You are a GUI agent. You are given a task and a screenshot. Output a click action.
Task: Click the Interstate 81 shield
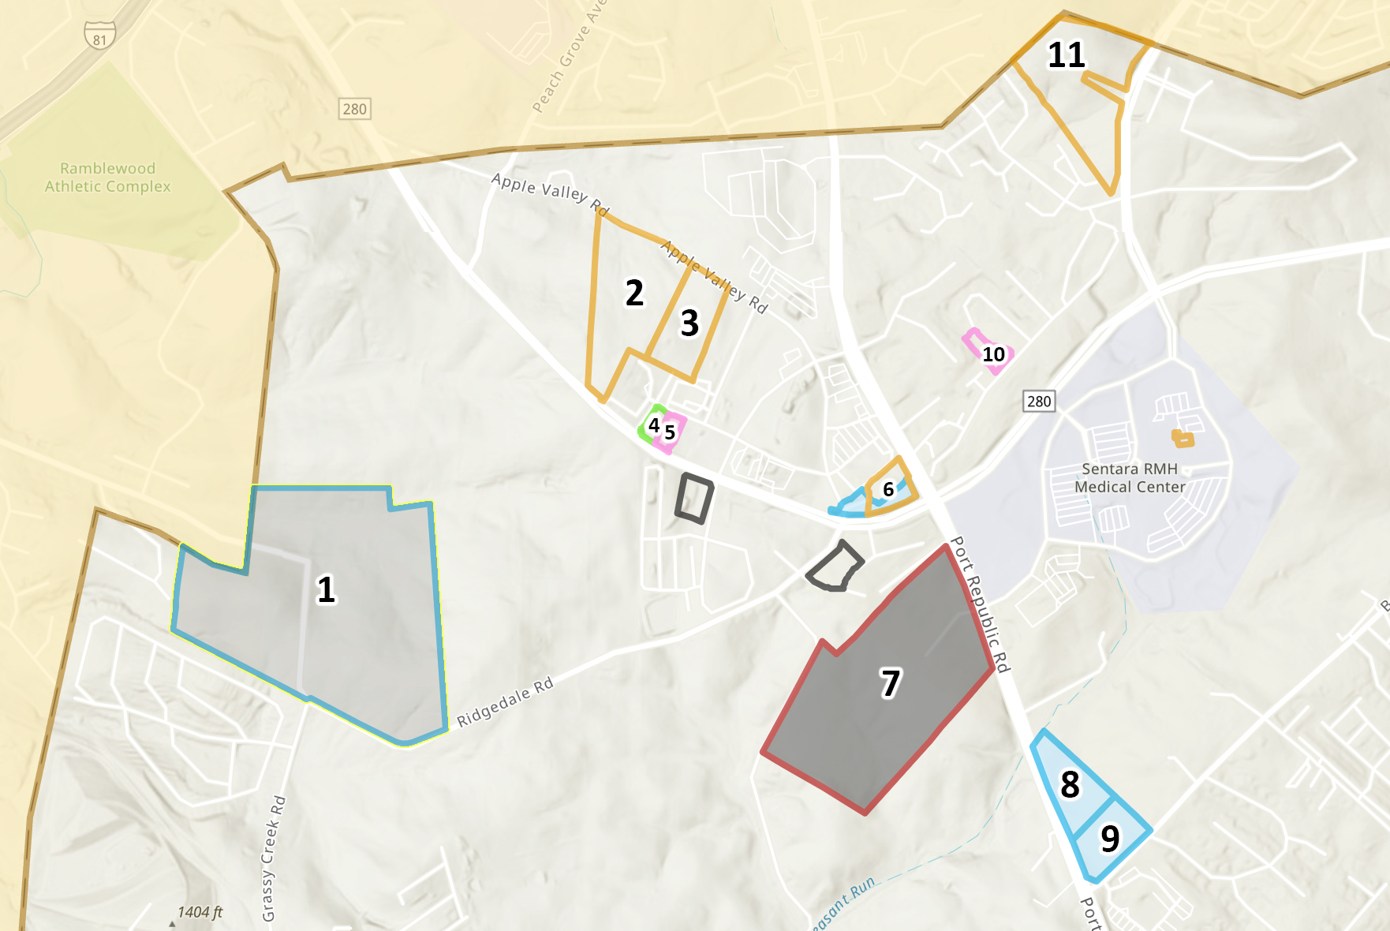[99, 36]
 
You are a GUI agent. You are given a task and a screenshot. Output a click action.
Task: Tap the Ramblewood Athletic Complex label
[107, 178]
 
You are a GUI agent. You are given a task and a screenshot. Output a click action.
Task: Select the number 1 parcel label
[326, 589]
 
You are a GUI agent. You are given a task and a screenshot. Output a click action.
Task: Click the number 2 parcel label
[634, 293]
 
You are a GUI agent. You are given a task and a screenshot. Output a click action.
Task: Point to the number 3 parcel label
[689, 323]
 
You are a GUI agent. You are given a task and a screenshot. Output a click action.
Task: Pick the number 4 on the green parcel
[654, 425]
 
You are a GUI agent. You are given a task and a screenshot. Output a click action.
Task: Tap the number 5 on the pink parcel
[670, 432]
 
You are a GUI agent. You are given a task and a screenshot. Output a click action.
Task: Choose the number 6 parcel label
[888, 489]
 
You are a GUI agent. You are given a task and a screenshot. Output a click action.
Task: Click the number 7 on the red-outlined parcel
[890, 683]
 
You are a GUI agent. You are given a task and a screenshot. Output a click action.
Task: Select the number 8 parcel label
[1070, 784]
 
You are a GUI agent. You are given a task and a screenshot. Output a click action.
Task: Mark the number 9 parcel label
[1110, 839]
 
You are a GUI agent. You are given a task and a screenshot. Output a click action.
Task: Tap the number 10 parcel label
[993, 354]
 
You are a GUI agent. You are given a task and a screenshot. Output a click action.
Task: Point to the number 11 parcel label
[1066, 55]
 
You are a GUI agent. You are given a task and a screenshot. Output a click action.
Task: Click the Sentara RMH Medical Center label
[1130, 478]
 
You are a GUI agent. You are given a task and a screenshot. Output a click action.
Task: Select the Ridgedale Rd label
[505, 701]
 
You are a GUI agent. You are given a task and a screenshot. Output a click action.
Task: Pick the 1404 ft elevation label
[200, 912]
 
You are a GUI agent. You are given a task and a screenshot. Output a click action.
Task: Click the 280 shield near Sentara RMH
[1039, 401]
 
